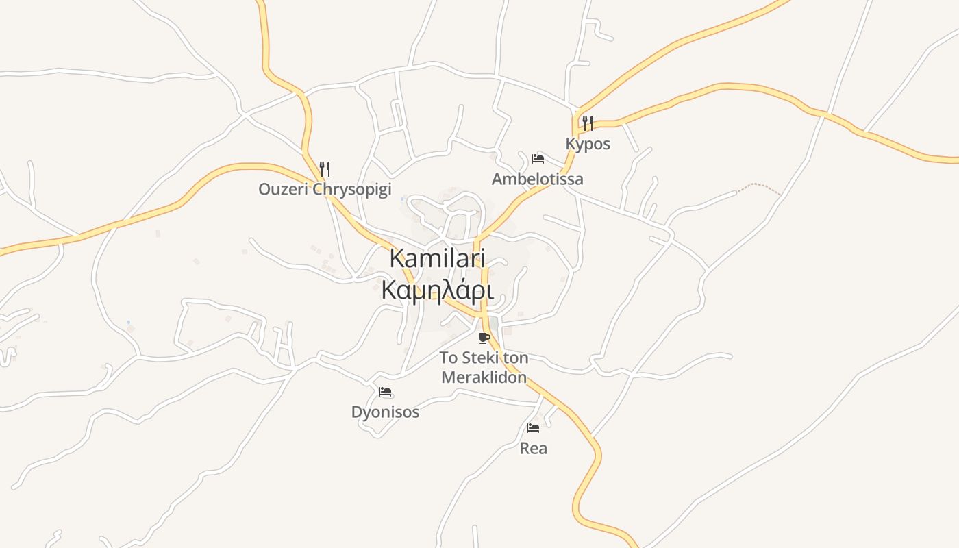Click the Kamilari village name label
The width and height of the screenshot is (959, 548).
tap(437, 258)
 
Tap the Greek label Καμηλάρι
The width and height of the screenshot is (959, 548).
tap(437, 290)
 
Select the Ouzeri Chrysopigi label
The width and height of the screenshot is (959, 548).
tap(325, 189)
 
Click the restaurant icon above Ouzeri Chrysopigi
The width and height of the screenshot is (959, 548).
tap(325, 169)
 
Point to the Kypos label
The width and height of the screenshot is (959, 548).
tap(588, 145)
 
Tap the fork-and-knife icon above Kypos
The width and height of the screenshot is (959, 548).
tap(587, 123)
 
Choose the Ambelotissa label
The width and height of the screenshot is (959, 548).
tap(538, 179)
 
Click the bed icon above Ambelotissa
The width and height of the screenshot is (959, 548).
tap(538, 159)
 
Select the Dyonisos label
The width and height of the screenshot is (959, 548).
tap(385, 412)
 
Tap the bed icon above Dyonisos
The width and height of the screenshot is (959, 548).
tap(385, 392)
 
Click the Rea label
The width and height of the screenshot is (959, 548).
tap(534, 449)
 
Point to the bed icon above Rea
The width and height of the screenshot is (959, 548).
tap(533, 428)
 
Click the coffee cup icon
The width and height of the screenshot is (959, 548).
tap(484, 338)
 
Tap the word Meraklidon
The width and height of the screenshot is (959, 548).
tap(484, 377)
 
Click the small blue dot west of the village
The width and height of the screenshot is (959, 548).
tap(128, 322)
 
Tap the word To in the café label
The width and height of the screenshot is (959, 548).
tap(448, 358)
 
